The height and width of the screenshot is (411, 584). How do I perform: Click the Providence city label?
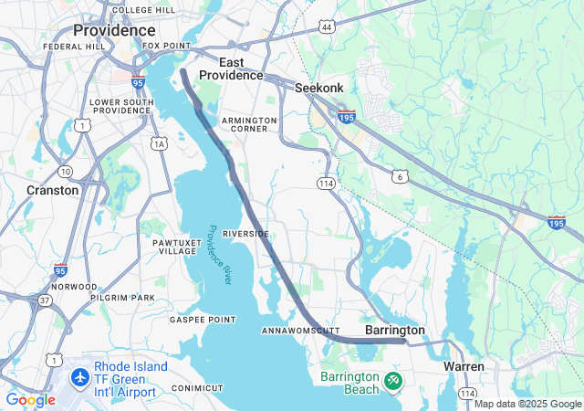click(114, 30)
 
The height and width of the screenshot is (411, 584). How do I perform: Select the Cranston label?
click(52, 190)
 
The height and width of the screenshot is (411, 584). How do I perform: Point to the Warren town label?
click(464, 366)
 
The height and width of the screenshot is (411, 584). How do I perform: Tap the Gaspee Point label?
click(203, 320)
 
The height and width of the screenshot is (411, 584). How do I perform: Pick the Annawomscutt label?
click(300, 330)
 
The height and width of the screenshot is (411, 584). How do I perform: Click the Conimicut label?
click(197, 388)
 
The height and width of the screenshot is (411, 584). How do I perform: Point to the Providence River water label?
click(221, 255)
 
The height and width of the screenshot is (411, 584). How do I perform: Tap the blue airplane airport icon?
click(80, 375)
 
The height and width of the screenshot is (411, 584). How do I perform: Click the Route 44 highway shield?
click(327, 28)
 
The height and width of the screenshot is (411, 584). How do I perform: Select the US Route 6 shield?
click(400, 175)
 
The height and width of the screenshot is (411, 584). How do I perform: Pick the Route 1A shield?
click(160, 143)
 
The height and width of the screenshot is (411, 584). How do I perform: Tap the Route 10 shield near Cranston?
click(65, 171)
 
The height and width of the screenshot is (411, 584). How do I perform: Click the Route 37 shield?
click(46, 300)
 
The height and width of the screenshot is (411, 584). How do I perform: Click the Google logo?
click(30, 399)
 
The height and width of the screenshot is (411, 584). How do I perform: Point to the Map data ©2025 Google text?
click(527, 404)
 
